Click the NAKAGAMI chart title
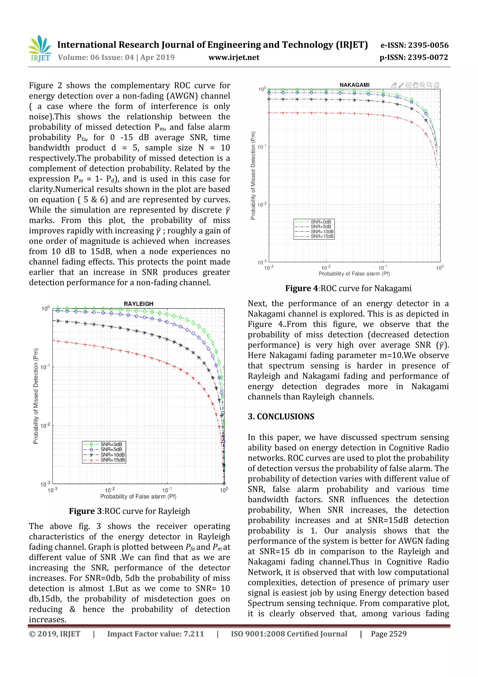point(354,85)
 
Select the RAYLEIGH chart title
point(138,304)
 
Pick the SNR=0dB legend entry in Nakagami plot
point(321,222)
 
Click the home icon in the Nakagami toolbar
point(436,85)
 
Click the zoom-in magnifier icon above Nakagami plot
point(422,85)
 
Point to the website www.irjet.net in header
point(234,57)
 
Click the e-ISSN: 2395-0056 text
point(414,45)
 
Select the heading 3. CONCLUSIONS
point(281,416)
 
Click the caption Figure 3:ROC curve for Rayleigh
point(129,511)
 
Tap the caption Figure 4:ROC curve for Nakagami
point(348,288)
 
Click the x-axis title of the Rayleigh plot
point(138,497)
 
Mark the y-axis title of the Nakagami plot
point(253,176)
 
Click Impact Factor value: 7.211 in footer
point(155,634)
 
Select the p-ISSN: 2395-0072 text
point(414,57)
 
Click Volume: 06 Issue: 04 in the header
point(96,57)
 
